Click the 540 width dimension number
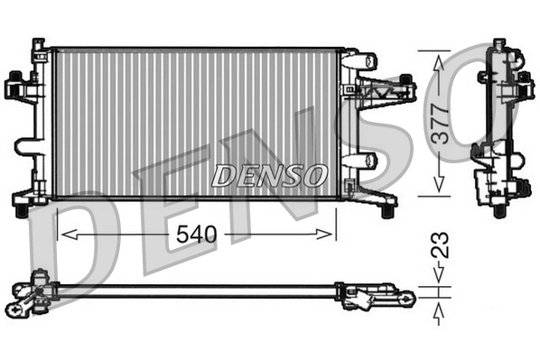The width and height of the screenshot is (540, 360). [x=195, y=235]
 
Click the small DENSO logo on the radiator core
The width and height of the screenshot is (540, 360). [x=270, y=174]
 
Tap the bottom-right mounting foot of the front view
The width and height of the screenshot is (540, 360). [x=387, y=209]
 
